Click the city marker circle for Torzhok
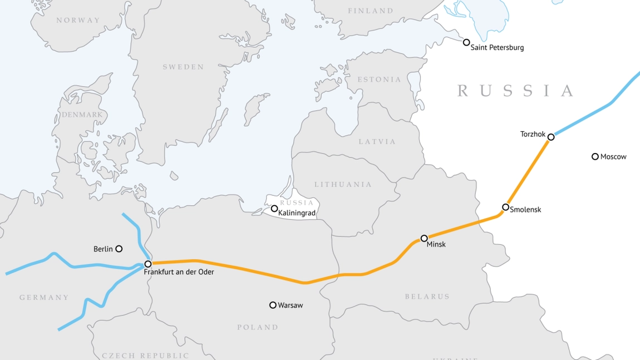551,137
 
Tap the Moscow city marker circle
595,156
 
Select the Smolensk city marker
505,207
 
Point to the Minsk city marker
424,238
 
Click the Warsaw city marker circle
273,305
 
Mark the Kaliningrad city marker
274,209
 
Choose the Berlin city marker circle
119,249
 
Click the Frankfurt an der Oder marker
148,264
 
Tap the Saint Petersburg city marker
466,42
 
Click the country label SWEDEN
183,67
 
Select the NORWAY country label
78,20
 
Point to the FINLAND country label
370,11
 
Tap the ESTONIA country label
379,80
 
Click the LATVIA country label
377,141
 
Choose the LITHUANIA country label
343,184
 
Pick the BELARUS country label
427,297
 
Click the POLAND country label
258,327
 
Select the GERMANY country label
45,298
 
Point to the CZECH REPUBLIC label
145,355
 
